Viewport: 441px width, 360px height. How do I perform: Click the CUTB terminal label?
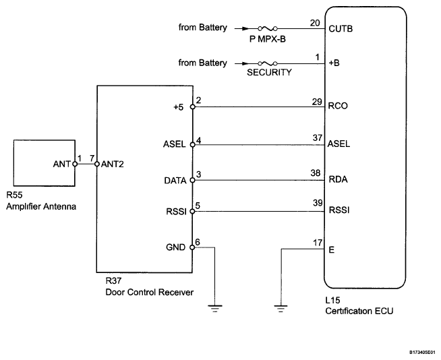pyautogui.click(x=341, y=30)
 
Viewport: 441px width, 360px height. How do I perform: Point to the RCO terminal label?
pyautogui.click(x=339, y=107)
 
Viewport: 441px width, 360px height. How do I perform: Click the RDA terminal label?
pyautogui.click(x=339, y=180)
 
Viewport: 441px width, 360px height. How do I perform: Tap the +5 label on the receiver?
pyautogui.click(x=179, y=107)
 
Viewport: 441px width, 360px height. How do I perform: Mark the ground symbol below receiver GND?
pyautogui.click(x=214, y=309)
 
